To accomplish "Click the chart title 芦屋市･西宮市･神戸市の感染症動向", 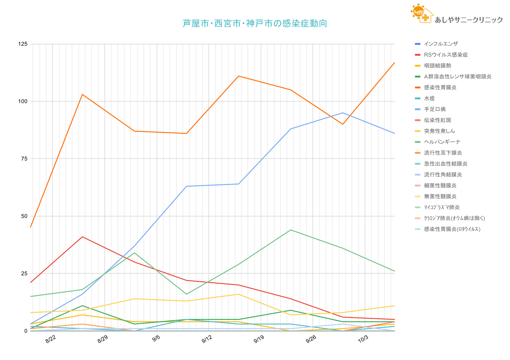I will click(255, 24).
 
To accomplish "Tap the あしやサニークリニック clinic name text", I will click(469, 20).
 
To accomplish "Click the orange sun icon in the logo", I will click(418, 12).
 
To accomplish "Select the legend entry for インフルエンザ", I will click(441, 44).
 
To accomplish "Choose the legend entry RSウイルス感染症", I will click(446, 55).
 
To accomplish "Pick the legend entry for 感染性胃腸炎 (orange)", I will click(440, 87).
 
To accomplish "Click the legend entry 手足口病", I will click(435, 109).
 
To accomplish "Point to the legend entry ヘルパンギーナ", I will click(442, 142).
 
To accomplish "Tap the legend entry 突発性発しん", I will click(439, 131).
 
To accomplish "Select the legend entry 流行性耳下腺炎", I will click(443, 153).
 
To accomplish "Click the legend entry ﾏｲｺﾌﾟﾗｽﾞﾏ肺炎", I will click(442, 207).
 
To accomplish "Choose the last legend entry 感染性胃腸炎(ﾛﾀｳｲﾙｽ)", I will click(452, 229).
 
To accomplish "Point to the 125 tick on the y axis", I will click(23, 44).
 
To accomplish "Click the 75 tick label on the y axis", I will click(24, 159).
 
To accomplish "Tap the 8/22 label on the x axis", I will click(51, 339).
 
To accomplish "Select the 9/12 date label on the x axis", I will click(207, 339).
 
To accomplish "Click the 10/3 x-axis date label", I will click(363, 339).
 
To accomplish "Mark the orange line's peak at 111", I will click(238, 76).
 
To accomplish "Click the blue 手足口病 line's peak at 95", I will click(343, 113).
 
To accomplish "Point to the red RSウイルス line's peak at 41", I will click(82, 237).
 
